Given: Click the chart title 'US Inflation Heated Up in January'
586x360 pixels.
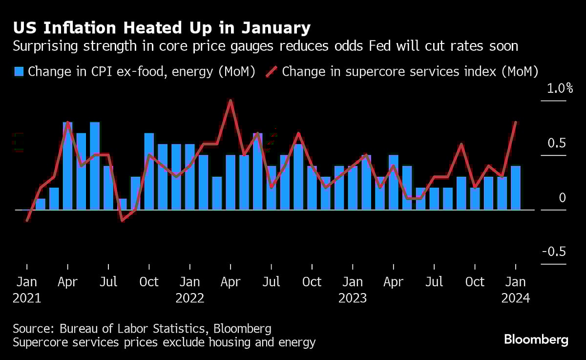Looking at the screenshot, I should point(162,28).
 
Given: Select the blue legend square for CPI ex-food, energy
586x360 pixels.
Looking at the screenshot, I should point(19,72).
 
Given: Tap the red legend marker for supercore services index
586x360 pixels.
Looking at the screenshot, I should point(272,72).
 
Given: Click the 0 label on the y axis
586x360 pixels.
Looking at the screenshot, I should point(562,197).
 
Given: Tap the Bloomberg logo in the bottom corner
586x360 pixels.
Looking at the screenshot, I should point(536,339).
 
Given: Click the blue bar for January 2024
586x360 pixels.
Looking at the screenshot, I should point(515,188).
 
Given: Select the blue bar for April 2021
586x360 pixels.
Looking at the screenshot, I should point(68,166).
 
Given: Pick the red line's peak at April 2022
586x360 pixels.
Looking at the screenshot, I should point(230,101).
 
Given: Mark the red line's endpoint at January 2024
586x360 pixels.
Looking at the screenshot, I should point(516,122).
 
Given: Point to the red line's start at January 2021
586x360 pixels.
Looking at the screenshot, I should point(27,220).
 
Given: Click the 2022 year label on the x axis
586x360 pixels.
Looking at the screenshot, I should point(190,298).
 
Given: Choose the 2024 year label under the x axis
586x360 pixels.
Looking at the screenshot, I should point(516,298).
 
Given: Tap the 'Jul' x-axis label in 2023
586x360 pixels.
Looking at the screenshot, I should point(434,282).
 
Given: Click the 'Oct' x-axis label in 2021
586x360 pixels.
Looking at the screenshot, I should point(149,282).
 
